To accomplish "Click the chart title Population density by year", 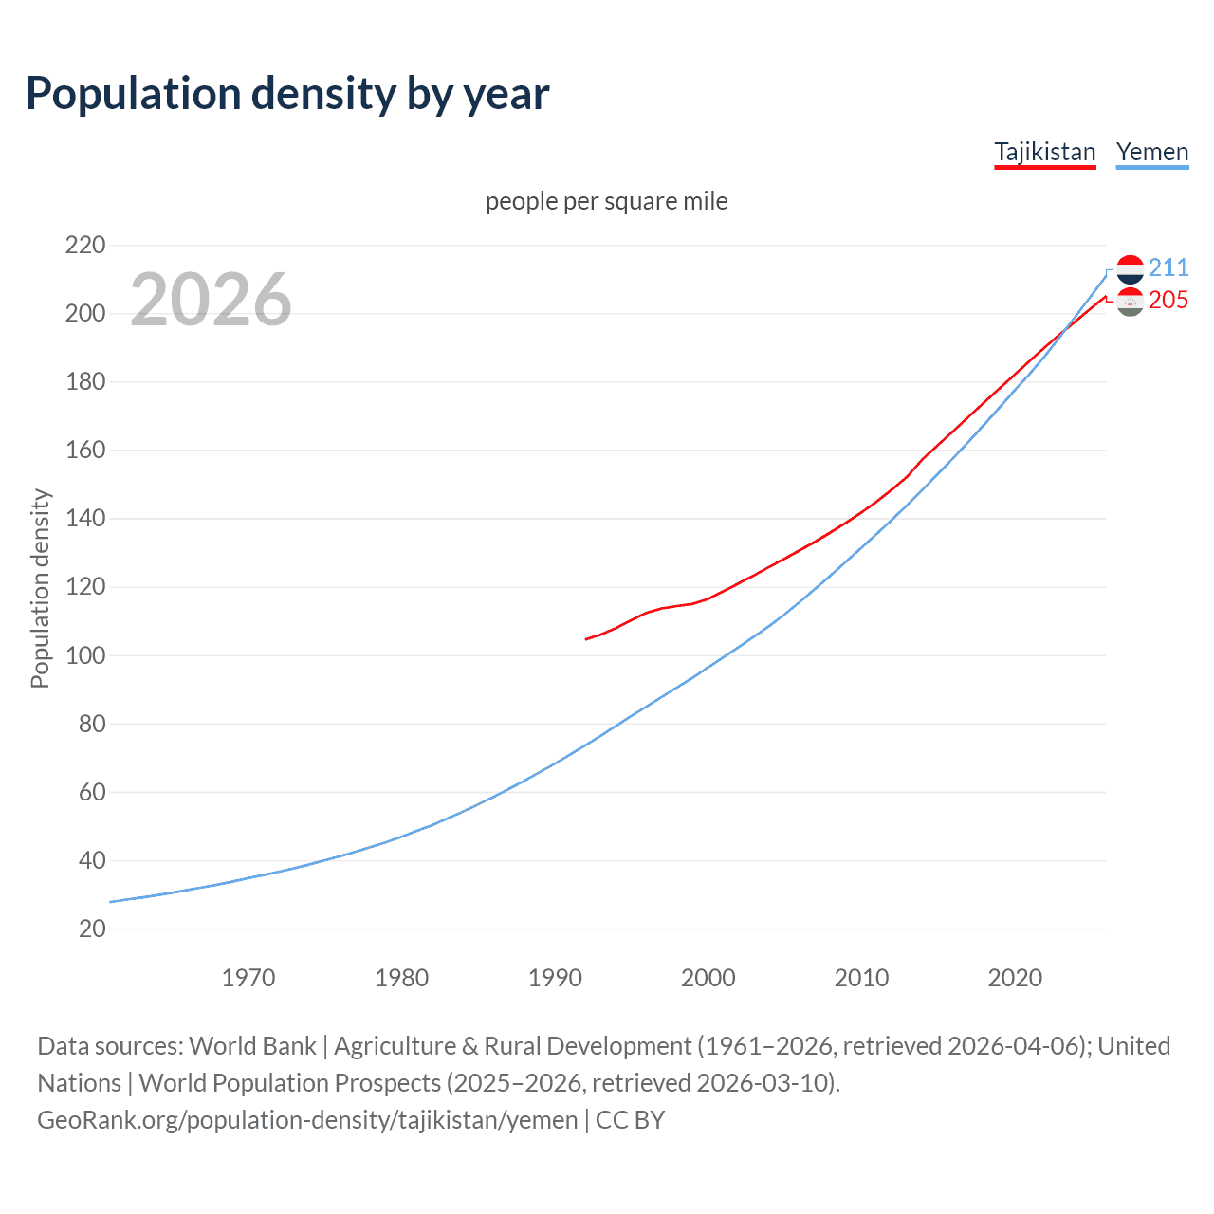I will pyautogui.click(x=287, y=93).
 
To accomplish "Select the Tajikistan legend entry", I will pyautogui.click(x=1044, y=152).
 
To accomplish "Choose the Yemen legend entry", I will pyautogui.click(x=1151, y=152).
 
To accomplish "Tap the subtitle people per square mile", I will pyautogui.click(x=606, y=201).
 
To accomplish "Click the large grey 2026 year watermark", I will pyautogui.click(x=211, y=300).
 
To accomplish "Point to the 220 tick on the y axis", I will pyautogui.click(x=85, y=245).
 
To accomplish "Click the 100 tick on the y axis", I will pyautogui.click(x=85, y=655).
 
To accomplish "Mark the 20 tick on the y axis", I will pyautogui.click(x=92, y=929).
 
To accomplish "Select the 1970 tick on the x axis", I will pyautogui.click(x=248, y=978).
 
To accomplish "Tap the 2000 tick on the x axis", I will pyautogui.click(x=708, y=978).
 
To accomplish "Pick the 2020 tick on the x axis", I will pyautogui.click(x=1015, y=978).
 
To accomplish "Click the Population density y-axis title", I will pyautogui.click(x=40, y=588).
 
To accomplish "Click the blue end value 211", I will pyautogui.click(x=1168, y=267).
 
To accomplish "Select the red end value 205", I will pyautogui.click(x=1168, y=300).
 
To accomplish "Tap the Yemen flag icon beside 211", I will pyautogui.click(x=1130, y=269).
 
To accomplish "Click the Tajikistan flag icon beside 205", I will pyautogui.click(x=1130, y=302).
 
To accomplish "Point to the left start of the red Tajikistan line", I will pyautogui.click(x=586, y=639).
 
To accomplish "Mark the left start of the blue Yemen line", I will pyautogui.click(x=111, y=902).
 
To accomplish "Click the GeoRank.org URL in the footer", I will pyautogui.click(x=307, y=1120).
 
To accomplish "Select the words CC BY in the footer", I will pyautogui.click(x=630, y=1120).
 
